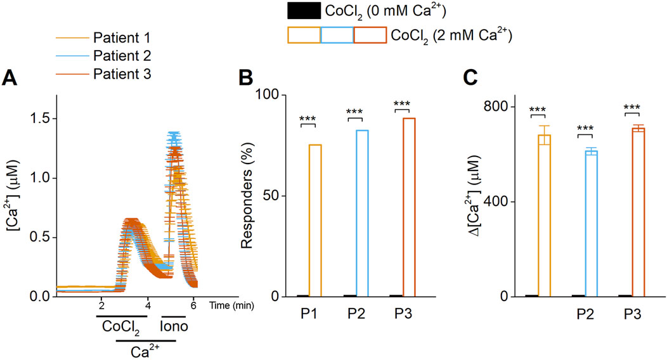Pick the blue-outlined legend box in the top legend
(x=336, y=35)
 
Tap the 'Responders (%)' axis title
(x=249, y=195)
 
